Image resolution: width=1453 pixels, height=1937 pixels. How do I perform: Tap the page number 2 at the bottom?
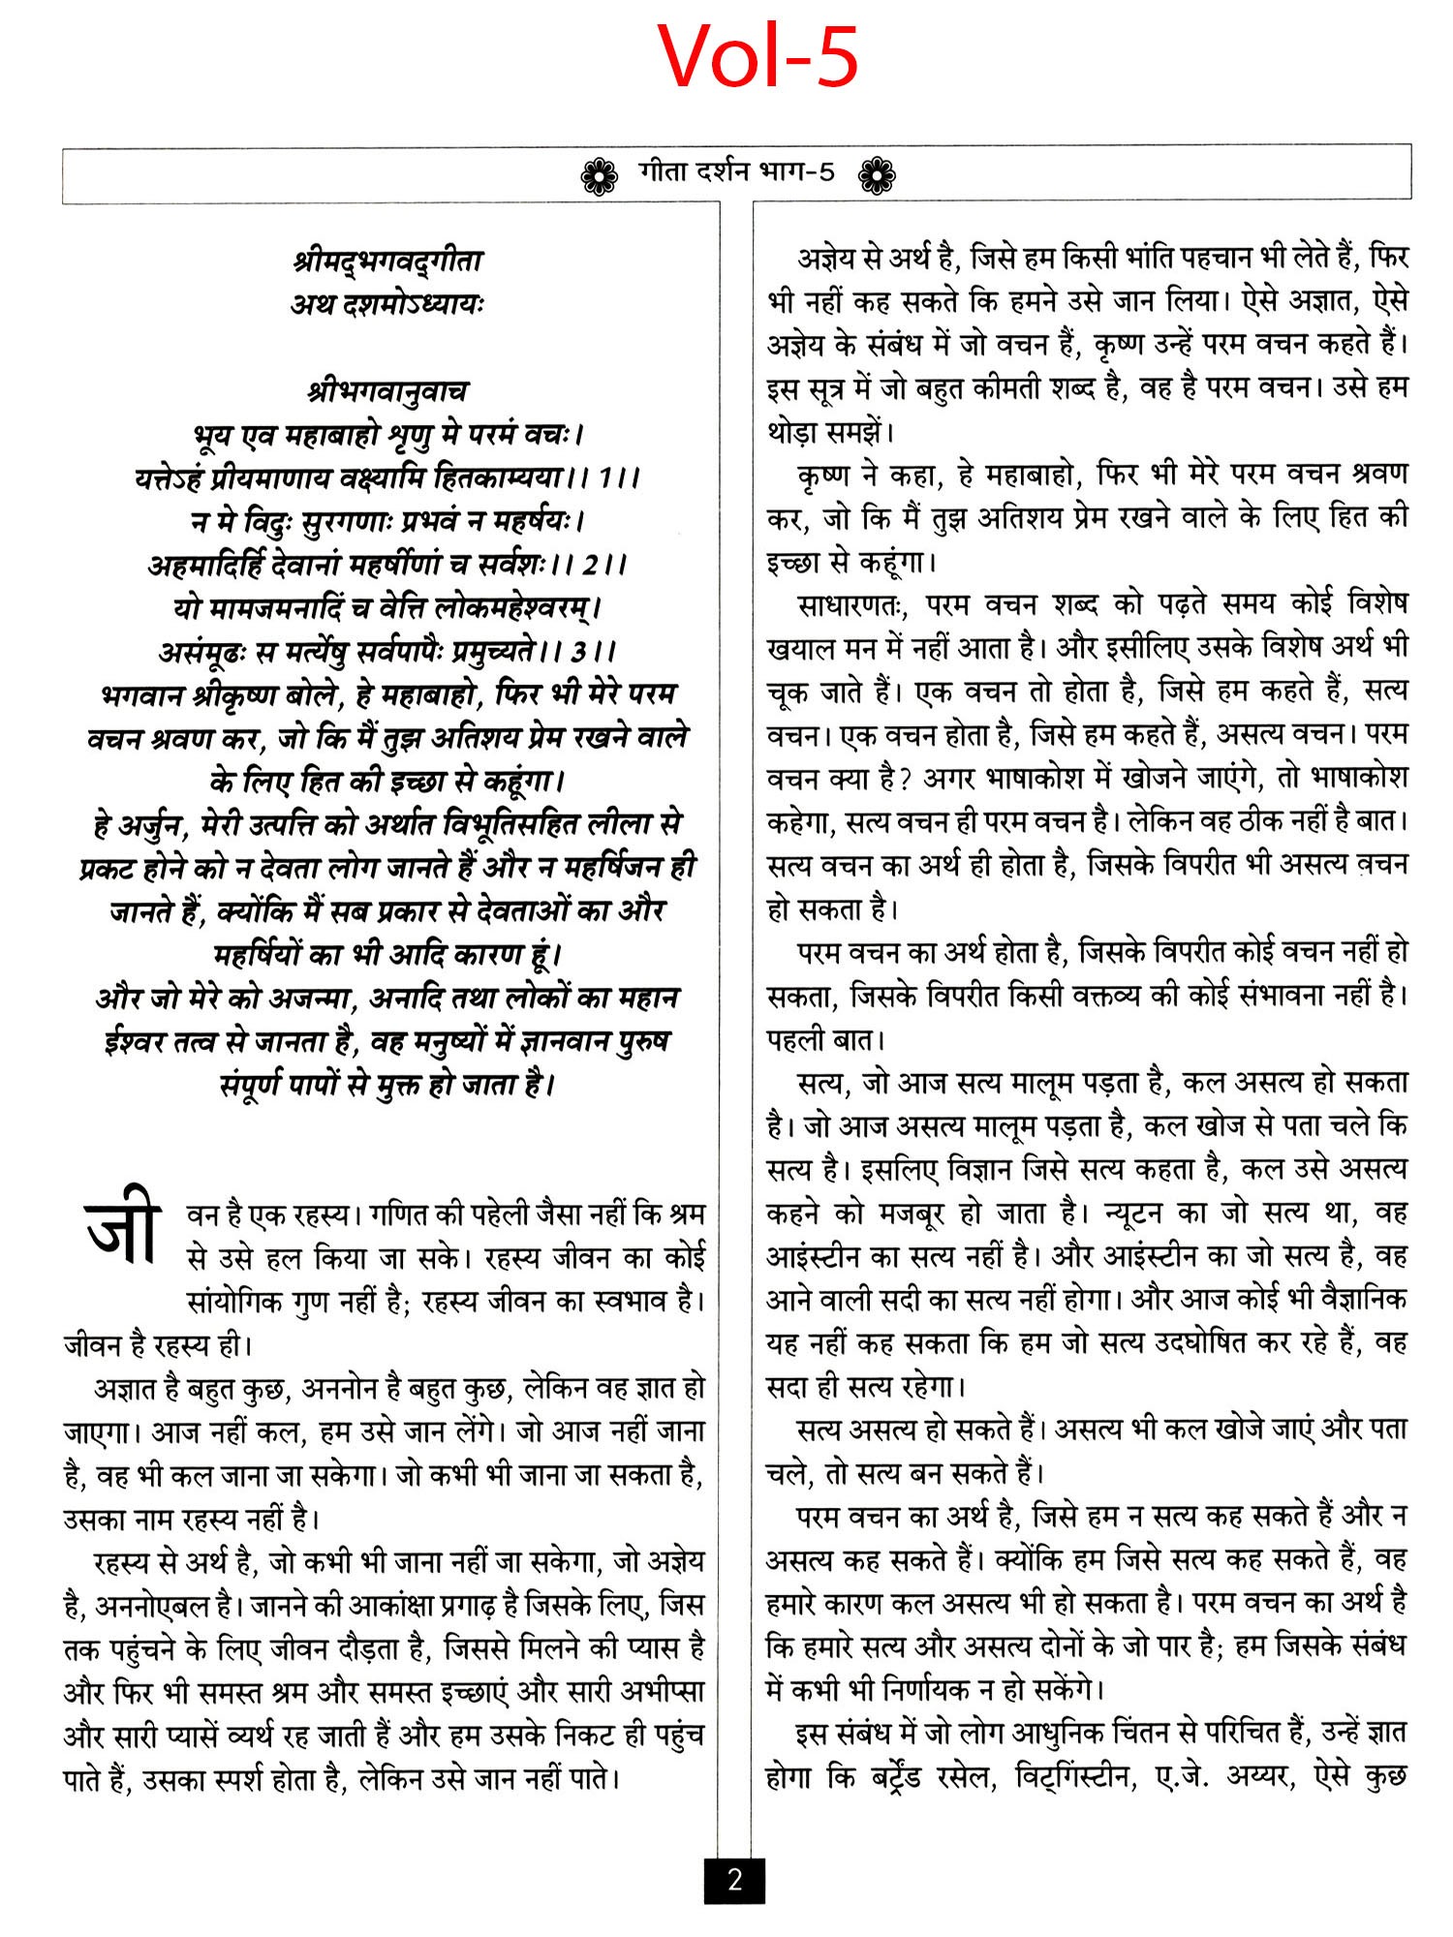[x=734, y=1880]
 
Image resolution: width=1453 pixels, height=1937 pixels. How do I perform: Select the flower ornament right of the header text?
[x=877, y=175]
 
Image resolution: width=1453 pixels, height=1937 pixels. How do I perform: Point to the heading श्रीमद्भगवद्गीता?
[x=387, y=261]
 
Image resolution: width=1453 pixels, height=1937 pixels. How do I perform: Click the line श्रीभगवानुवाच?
[x=387, y=391]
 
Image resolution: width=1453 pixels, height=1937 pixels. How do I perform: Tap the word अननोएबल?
[x=153, y=1606]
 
